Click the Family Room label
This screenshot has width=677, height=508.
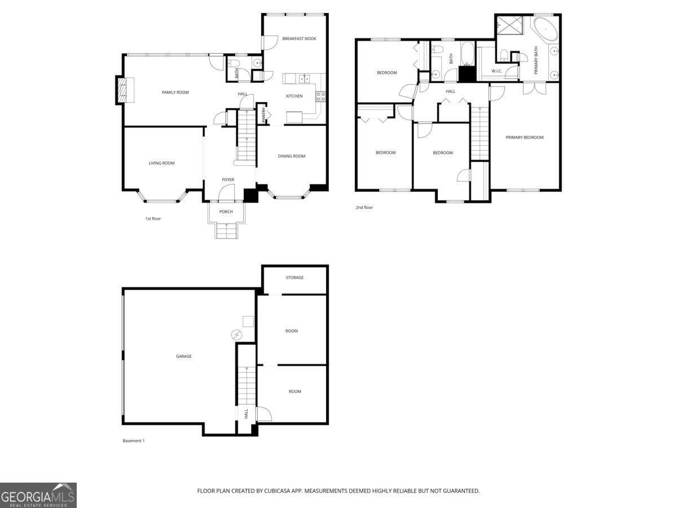tap(175, 92)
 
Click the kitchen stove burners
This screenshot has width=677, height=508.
tap(322, 97)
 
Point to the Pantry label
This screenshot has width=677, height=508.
tap(263, 115)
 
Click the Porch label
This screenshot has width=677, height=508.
tap(226, 212)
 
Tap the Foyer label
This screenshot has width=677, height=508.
tap(227, 179)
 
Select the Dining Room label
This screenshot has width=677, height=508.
tap(292, 156)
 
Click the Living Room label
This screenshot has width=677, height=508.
tap(161, 163)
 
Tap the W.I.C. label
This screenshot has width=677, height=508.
tap(497, 71)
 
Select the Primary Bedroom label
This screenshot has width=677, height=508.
tap(525, 137)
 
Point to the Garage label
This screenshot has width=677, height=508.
tap(183, 356)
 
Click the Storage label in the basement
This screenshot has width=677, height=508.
tap(294, 278)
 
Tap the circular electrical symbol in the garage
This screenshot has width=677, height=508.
tap(236, 335)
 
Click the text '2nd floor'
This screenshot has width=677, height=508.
tap(364, 208)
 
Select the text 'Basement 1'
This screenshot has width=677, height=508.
tap(134, 441)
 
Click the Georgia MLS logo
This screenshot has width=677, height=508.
tap(38, 495)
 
